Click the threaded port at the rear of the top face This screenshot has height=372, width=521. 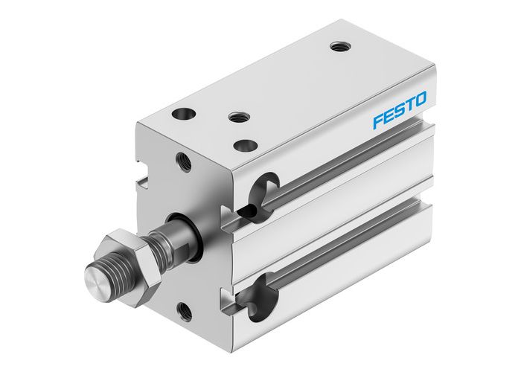click(340, 46)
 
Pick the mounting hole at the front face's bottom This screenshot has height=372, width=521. click(183, 310)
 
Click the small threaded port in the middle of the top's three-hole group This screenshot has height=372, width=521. click(238, 117)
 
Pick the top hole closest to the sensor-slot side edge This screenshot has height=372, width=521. click(243, 146)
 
